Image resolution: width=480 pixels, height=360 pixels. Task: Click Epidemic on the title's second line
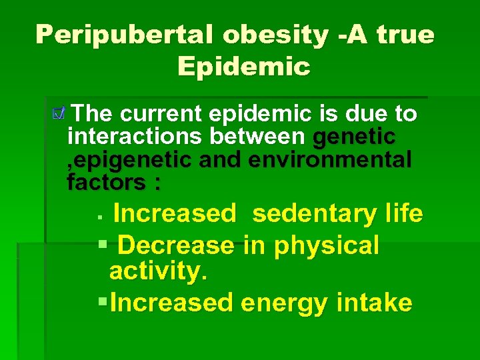(244, 66)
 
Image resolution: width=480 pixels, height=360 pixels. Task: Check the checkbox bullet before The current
(61, 115)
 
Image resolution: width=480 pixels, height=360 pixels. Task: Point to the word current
(163, 114)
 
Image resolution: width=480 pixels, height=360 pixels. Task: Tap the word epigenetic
(131, 159)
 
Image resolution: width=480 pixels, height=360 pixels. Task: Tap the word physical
(326, 245)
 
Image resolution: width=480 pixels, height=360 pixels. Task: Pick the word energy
(283, 303)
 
